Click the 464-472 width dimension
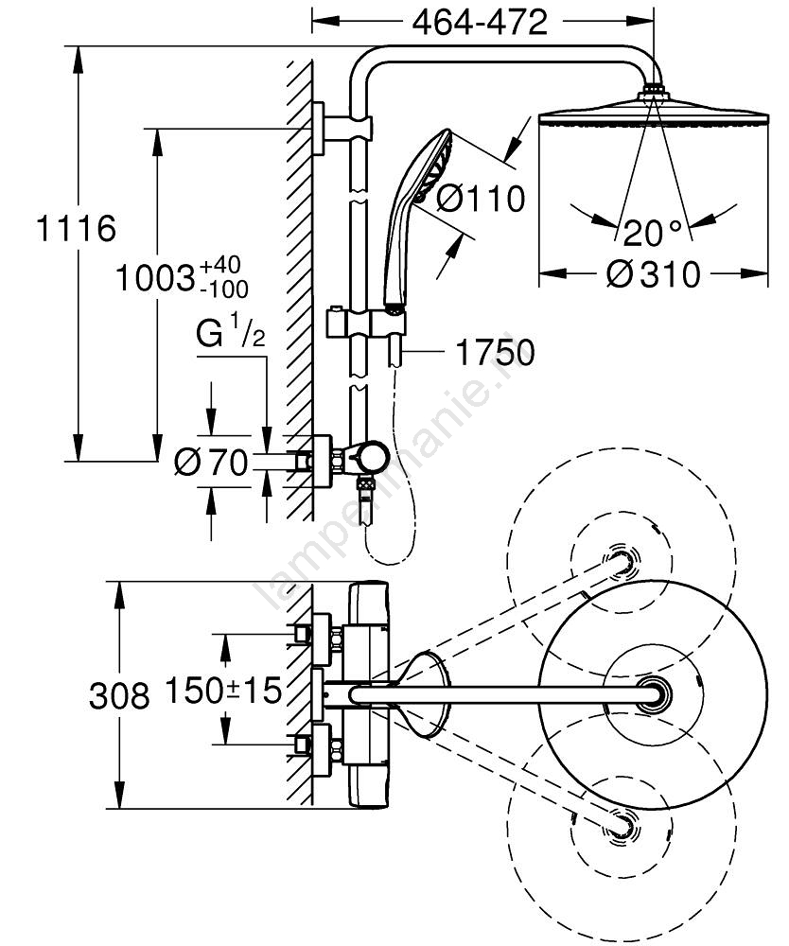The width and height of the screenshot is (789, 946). click(480, 22)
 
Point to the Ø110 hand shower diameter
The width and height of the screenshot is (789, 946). click(481, 200)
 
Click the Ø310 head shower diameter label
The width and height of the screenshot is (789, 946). click(653, 274)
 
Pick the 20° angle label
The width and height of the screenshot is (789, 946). click(651, 232)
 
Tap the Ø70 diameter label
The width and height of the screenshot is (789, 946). click(212, 462)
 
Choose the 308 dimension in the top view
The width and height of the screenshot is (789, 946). click(119, 696)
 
